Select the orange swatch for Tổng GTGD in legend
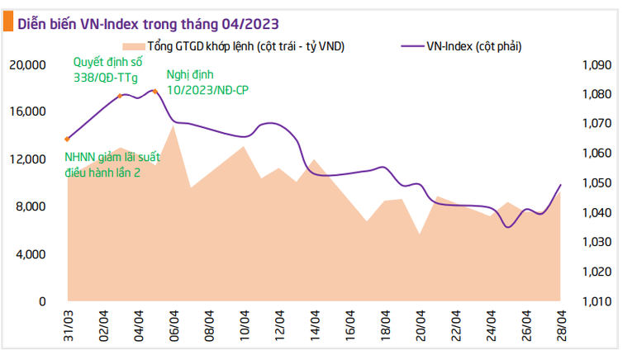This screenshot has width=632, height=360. coord(132,46)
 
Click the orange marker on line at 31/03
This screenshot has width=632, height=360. coord(67,139)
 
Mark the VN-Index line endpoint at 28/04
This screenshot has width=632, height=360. coord(561,185)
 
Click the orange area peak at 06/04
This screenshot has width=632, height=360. coord(173,126)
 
